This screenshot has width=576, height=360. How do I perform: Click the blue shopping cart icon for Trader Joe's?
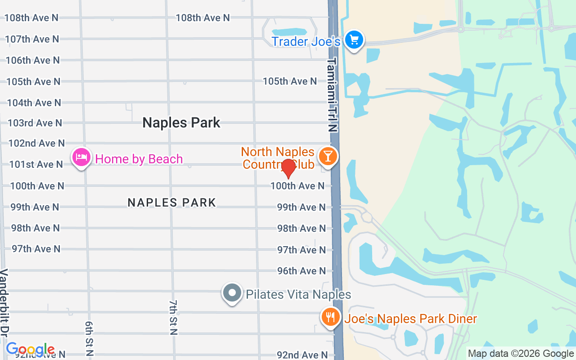pos(354,40)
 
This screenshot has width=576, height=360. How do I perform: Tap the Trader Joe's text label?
pos(306,42)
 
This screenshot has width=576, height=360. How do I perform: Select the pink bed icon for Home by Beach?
pos(81,157)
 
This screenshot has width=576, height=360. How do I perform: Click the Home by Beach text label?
pos(139,159)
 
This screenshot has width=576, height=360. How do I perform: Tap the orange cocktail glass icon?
pos(328,156)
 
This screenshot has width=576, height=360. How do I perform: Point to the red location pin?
pos(288,168)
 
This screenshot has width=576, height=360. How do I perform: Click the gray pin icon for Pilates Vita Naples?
pos(232,293)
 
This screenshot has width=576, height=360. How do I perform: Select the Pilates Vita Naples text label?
pos(298,295)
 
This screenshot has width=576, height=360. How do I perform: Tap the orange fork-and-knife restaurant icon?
pos(330,317)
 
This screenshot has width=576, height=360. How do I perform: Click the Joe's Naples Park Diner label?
pos(410,319)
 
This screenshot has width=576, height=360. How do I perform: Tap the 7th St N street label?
pos(174,318)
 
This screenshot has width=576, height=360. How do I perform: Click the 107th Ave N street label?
pos(32,39)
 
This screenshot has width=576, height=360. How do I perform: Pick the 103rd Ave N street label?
pos(35,123)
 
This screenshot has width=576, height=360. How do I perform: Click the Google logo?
pos(30,349)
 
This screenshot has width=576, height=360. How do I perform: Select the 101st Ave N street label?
pos(36,164)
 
